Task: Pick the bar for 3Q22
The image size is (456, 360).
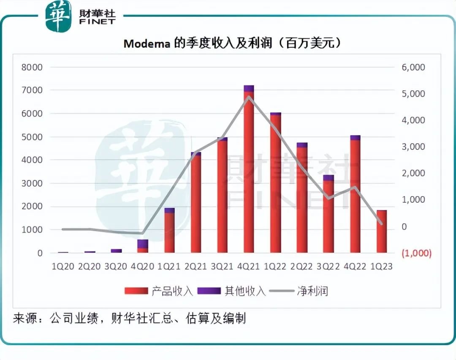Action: tap(328, 215)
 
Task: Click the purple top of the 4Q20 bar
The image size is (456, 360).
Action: tap(143, 244)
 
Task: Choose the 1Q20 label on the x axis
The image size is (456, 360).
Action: tap(63, 267)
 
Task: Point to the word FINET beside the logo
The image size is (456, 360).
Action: tap(97, 22)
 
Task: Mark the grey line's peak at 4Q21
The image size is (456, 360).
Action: tap(249, 97)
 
